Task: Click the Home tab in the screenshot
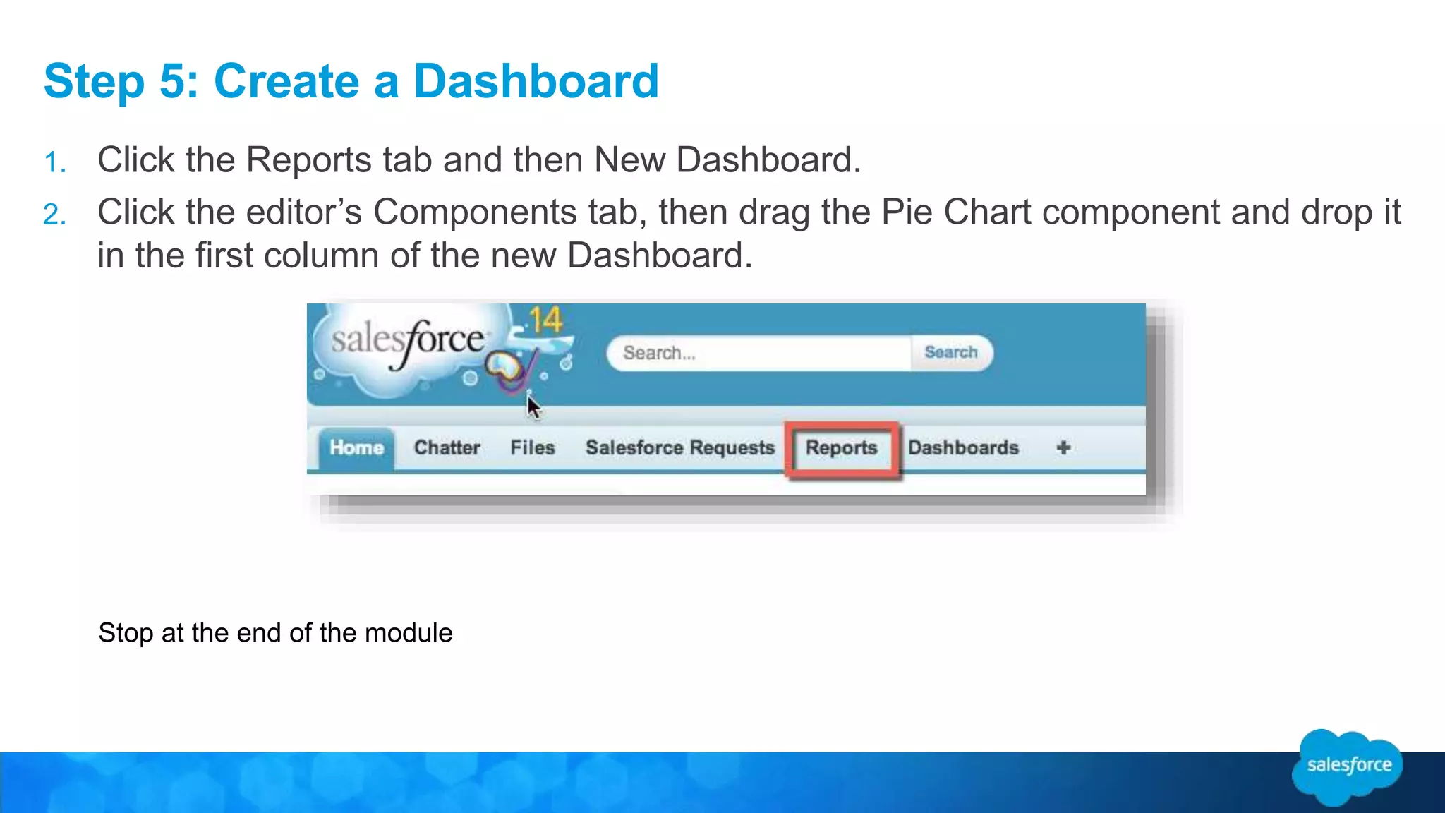pyautogui.click(x=356, y=448)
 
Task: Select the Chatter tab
pyautogui.click(x=447, y=448)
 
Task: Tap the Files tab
pyautogui.click(x=533, y=448)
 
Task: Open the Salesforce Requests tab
pyautogui.click(x=680, y=448)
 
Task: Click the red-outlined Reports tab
pyautogui.click(x=841, y=448)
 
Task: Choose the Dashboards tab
pyautogui.click(x=963, y=448)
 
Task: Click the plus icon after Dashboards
pyautogui.click(x=1063, y=447)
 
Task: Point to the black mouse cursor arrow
pyautogui.click(x=533, y=407)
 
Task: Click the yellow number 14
pyautogui.click(x=545, y=321)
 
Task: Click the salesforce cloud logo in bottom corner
pyautogui.click(x=1348, y=766)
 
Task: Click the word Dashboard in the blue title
pyautogui.click(x=536, y=81)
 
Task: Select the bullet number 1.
pyautogui.click(x=55, y=163)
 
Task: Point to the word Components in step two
pyautogui.click(x=475, y=212)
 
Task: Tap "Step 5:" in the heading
pyautogui.click(x=121, y=81)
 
